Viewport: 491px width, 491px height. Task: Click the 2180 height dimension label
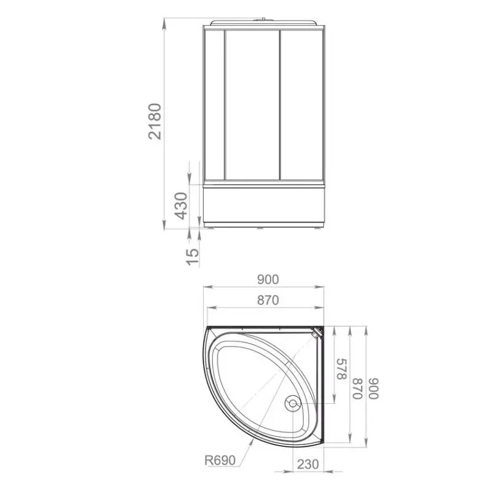point(155,121)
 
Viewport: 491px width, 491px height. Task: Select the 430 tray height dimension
point(180,206)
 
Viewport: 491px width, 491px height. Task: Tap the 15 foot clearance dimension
point(192,257)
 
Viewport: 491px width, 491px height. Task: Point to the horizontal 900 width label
point(268,280)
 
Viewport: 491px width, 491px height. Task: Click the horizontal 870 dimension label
point(268,300)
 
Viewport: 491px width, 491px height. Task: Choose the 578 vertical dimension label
point(342,369)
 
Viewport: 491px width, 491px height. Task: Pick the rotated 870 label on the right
point(358,389)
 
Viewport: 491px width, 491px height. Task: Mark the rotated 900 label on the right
point(374,389)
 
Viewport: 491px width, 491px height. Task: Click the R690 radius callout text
point(220,460)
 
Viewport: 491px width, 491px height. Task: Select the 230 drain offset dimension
point(308,464)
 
